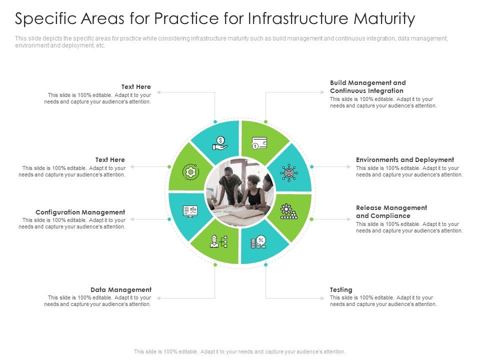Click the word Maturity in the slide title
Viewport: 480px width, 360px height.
(384, 19)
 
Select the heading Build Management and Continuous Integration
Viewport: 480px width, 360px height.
(367, 86)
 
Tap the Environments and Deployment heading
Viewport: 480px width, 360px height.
(404, 160)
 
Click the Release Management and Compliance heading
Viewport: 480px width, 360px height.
(391, 211)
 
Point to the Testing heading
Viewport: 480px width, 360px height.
(341, 290)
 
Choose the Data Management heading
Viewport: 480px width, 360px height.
(120, 290)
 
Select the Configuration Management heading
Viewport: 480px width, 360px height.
(80, 212)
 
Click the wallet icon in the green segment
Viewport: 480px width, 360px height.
(259, 143)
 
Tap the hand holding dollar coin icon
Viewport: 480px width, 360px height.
(220, 143)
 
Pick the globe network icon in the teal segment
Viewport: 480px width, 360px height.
(289, 173)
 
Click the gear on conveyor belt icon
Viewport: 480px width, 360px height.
(288, 211)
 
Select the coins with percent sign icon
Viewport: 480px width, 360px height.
(258, 242)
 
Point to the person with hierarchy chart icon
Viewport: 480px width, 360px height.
(219, 242)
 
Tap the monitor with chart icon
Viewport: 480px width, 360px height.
(190, 211)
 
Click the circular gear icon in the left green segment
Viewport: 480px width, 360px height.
(190, 172)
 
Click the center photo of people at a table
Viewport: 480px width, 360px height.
(240, 192)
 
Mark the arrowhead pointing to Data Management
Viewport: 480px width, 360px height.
(157, 298)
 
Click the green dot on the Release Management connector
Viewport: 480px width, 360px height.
(311, 219)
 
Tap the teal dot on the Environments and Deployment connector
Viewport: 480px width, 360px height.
(311, 166)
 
